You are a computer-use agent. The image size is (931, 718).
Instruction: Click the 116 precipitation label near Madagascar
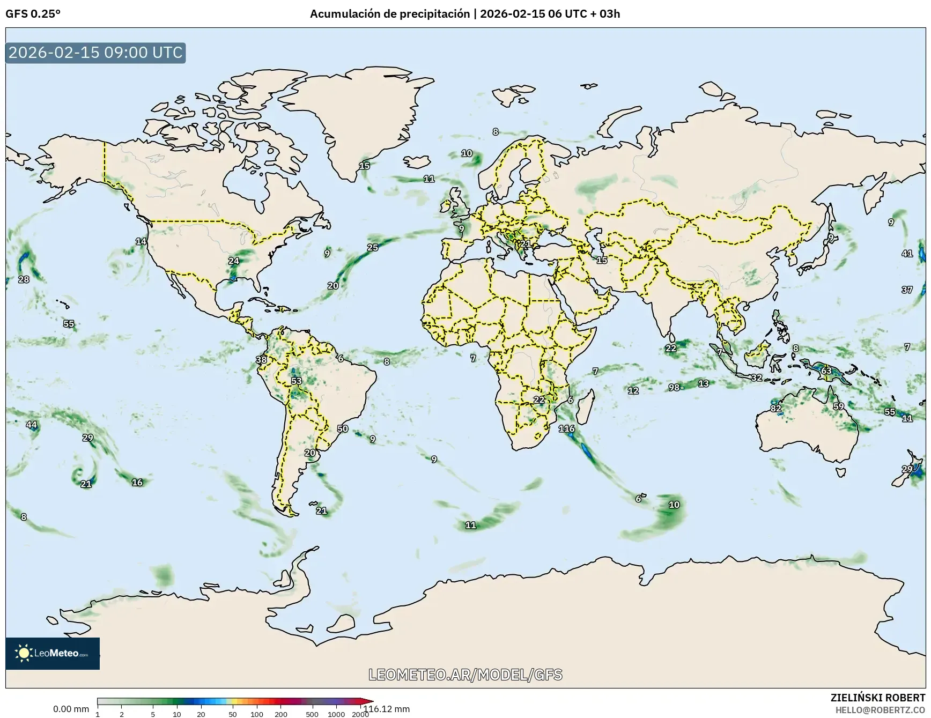coord(566,428)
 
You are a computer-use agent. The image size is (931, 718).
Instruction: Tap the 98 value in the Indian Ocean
coord(674,387)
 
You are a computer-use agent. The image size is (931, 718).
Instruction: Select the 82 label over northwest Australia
coord(776,408)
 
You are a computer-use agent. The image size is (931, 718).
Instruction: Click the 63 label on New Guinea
coord(826,371)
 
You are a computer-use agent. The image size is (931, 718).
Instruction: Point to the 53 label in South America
coord(296,381)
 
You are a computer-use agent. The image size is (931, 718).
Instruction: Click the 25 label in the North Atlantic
coord(372,247)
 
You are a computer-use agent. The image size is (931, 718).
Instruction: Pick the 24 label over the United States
coord(234,261)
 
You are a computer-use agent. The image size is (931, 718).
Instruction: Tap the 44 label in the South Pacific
coord(32,425)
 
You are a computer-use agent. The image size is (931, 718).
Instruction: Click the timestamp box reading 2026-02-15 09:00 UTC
coord(96,53)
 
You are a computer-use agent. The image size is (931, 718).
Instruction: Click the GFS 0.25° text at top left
coord(33,14)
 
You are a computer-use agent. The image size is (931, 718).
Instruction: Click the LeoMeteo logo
coord(53,653)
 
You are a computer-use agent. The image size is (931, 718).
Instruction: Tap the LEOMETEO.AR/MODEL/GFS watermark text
coord(465,675)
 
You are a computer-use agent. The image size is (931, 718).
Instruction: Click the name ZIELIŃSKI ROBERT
coord(877,698)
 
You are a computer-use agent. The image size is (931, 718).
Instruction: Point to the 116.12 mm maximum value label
coord(386,709)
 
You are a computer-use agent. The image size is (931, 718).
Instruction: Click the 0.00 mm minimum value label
coord(71,709)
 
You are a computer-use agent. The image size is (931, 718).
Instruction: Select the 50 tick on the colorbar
coord(232,714)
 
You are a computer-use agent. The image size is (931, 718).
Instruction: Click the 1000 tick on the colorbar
coord(336,714)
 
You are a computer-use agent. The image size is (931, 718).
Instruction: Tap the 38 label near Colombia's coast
coord(261,360)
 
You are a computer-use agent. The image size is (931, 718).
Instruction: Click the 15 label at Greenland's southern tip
coord(364,166)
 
